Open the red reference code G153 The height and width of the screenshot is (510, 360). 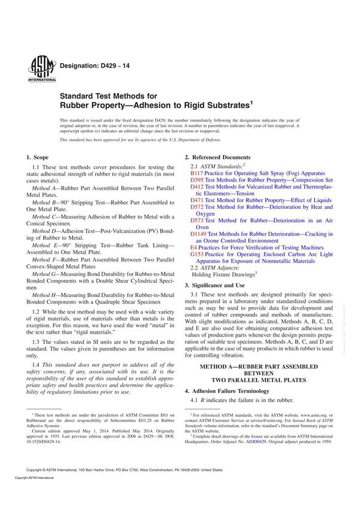coord(197,254)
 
